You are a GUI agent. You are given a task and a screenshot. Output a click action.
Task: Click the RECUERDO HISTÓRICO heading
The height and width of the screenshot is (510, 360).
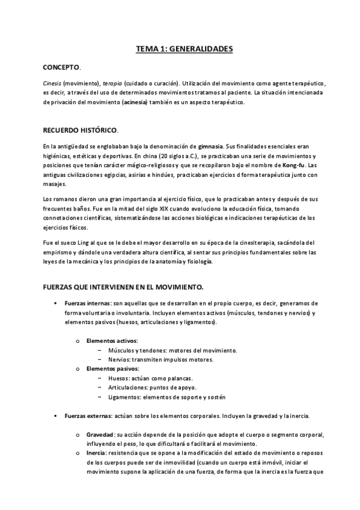[80, 129]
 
